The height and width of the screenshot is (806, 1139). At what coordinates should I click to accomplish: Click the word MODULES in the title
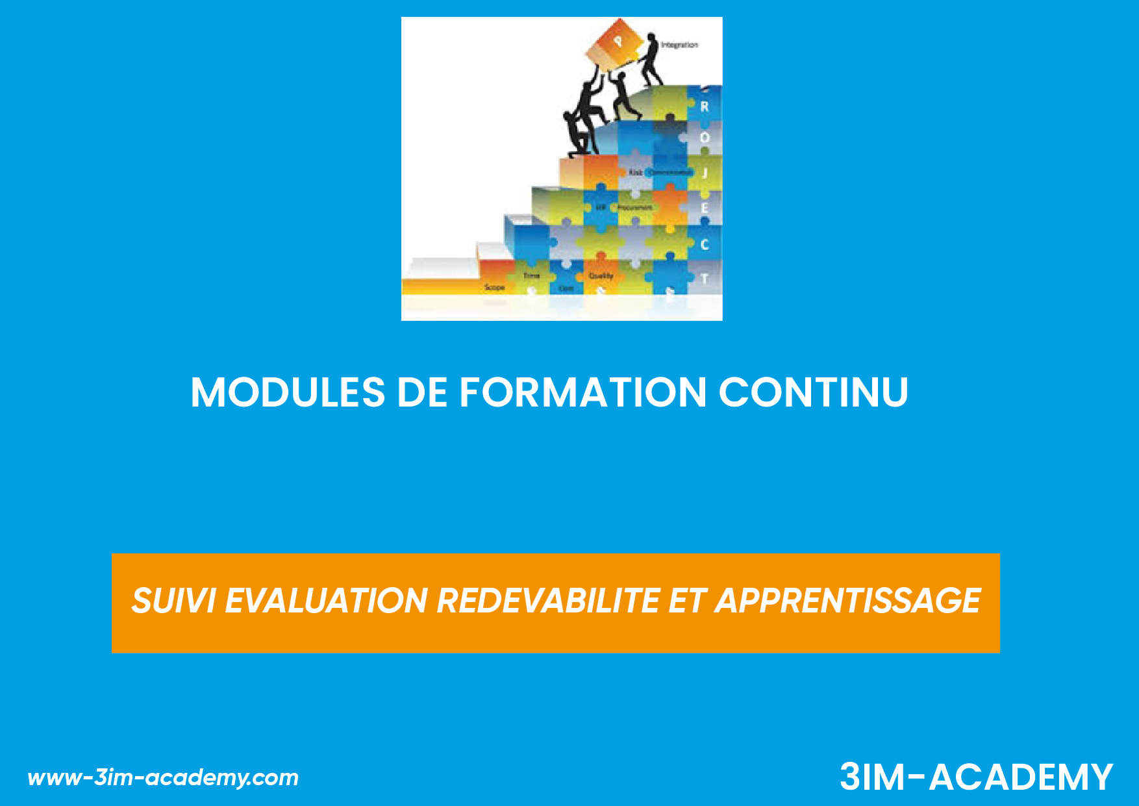point(288,392)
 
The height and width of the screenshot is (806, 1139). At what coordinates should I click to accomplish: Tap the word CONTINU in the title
point(813,392)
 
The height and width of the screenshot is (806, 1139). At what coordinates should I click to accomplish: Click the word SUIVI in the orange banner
point(173,601)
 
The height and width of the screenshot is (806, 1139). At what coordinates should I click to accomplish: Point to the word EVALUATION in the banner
point(326,601)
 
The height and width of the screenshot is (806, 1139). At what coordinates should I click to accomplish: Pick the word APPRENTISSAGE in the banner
point(847,601)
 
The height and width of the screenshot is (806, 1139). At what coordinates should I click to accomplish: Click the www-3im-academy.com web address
point(163,777)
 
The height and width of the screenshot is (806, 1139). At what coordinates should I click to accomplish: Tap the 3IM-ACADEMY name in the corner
point(976,777)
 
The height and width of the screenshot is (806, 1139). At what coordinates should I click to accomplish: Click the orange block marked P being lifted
point(616,44)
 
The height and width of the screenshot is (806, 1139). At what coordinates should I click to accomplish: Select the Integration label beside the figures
point(679,45)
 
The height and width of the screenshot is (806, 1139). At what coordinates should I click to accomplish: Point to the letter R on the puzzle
point(705,107)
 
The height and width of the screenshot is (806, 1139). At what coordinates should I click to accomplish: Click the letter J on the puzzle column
point(705,173)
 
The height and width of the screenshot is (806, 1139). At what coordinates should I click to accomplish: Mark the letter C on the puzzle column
point(705,245)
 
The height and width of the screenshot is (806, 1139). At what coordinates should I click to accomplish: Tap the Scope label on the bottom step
point(494,287)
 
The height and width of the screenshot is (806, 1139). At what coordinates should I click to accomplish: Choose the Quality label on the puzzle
point(601,276)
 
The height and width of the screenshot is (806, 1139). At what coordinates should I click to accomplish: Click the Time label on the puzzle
point(531,276)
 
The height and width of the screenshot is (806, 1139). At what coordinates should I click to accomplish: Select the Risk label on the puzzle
point(635,172)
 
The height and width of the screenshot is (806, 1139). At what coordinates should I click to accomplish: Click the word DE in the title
point(422,392)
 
